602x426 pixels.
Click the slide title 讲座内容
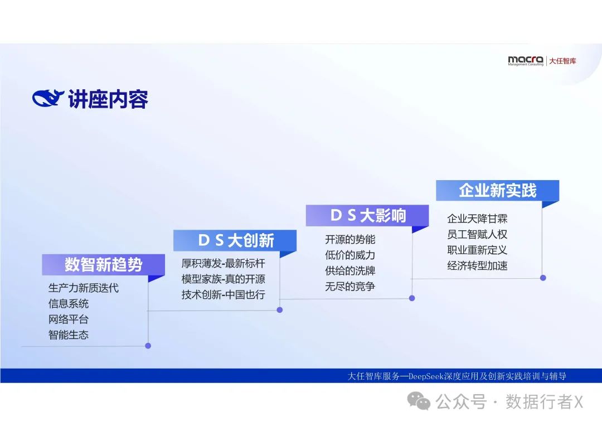(108, 99)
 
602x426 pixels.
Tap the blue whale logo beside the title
(48, 99)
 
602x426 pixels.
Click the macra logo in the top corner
(526, 61)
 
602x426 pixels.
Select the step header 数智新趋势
(103, 264)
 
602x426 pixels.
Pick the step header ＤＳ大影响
(367, 215)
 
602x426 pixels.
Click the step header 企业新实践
(497, 190)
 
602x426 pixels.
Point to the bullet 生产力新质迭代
(83, 288)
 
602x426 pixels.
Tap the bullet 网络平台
(68, 319)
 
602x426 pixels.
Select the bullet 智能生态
(68, 335)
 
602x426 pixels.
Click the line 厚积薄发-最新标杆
(223, 263)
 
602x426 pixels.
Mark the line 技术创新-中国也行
(223, 294)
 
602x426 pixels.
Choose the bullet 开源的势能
(350, 239)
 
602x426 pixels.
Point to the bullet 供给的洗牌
(350, 270)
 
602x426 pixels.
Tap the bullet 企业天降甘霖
(477, 219)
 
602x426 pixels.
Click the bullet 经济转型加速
(477, 265)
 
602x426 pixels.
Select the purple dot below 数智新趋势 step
(148, 346)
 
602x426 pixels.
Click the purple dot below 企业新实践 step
(543, 277)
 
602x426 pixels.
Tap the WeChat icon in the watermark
(419, 401)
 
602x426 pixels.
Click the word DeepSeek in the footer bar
(426, 376)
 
